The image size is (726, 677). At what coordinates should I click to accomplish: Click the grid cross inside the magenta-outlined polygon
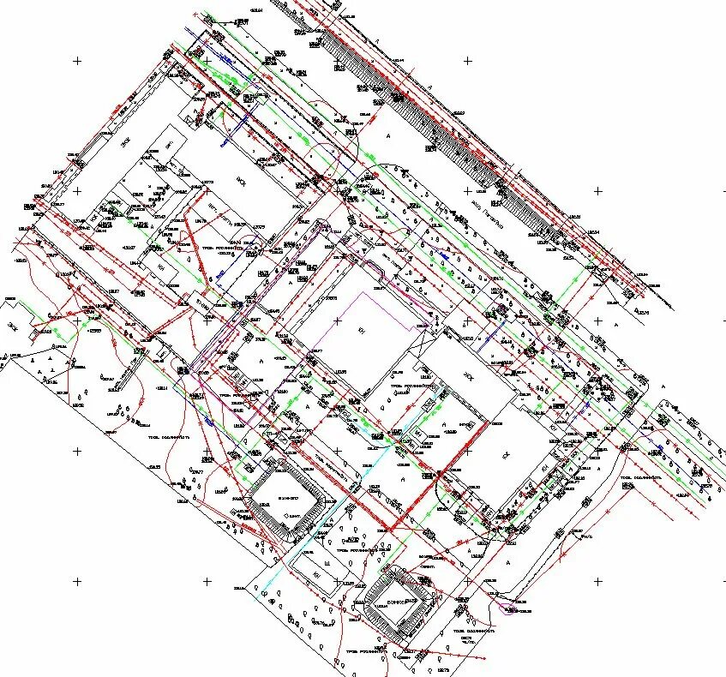[x=338, y=321]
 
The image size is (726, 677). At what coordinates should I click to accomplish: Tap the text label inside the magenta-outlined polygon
[x=361, y=330]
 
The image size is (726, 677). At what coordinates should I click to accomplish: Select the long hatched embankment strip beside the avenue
[x=446, y=137]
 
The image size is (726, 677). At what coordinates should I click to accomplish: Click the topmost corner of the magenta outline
[x=367, y=291]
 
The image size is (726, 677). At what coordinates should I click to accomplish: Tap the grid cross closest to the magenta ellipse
[x=468, y=582]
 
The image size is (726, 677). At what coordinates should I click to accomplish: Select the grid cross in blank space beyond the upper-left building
[x=78, y=61]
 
